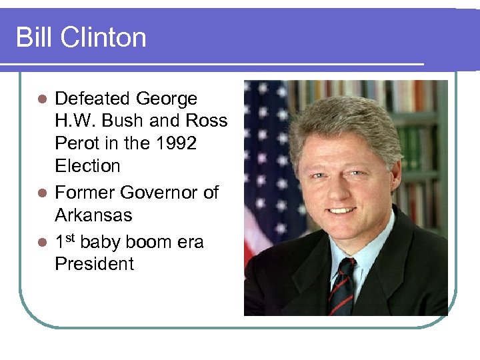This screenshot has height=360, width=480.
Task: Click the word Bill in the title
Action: click(33, 37)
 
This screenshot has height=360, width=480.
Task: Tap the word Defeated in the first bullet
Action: click(92, 99)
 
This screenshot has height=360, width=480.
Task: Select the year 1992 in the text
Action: click(175, 143)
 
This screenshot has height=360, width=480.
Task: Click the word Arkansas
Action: click(93, 215)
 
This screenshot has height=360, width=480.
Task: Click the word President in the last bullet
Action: click(94, 264)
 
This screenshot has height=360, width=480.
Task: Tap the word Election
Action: click(87, 166)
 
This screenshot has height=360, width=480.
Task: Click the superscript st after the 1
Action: click(69, 237)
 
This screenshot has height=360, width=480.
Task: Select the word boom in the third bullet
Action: click(148, 242)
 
